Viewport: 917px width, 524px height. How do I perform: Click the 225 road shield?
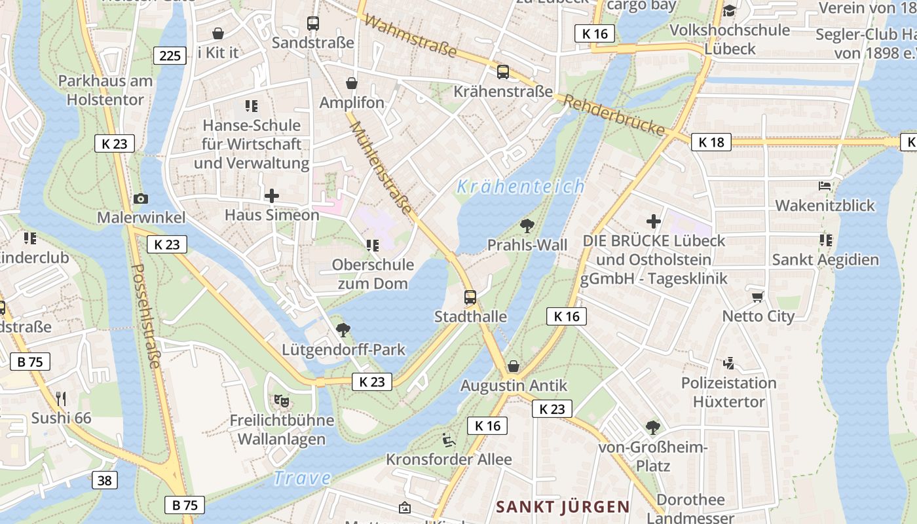[170, 55]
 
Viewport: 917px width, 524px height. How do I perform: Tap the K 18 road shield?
[711, 142]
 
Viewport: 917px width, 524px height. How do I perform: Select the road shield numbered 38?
[104, 480]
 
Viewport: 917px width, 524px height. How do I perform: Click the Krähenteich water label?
[521, 187]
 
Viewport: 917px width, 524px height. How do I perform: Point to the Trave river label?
[302, 478]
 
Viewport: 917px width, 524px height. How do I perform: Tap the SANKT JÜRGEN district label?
[563, 507]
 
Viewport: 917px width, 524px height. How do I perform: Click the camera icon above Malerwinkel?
[140, 198]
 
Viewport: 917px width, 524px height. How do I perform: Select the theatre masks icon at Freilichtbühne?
[282, 400]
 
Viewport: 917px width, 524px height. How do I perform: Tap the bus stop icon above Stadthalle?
[470, 297]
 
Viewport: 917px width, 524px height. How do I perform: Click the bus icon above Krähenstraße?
[503, 72]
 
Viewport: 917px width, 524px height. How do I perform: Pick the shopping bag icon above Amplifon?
[352, 83]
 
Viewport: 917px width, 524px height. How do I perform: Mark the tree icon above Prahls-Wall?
[527, 226]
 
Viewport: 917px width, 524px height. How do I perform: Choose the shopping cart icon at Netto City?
[758, 297]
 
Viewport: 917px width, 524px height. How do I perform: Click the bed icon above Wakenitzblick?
[825, 187]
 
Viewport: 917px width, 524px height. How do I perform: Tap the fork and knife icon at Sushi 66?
[61, 398]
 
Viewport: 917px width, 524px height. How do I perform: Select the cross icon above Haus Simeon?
[271, 195]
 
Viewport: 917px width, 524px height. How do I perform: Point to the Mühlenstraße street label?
[381, 168]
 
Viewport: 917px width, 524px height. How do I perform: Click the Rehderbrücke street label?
[614, 115]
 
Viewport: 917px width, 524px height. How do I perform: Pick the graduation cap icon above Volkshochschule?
[730, 10]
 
